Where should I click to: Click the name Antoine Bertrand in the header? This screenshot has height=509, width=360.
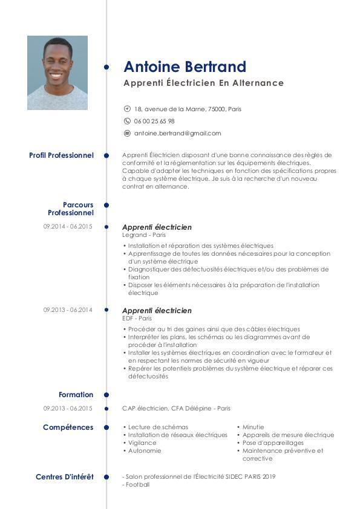185,66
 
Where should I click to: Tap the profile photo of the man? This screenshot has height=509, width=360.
57,73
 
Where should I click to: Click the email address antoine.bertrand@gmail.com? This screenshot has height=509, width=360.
177,133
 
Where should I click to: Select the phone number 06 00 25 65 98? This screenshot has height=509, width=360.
154,121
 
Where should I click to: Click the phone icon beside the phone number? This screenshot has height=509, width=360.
127,121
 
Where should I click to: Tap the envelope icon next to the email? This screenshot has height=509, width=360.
127,133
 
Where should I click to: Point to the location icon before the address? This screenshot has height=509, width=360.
127,109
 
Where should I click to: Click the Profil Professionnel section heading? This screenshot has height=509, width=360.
61,155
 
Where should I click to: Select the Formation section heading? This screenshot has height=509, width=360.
76,395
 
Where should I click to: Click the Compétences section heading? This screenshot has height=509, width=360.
68,427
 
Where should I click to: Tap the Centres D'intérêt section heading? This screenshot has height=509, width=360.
65,477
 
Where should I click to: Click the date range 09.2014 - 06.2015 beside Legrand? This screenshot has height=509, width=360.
68,227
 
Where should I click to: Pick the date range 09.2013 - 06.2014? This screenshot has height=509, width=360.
68,310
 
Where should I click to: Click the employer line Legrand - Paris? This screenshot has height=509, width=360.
144,235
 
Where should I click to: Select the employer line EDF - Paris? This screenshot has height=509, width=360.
137,318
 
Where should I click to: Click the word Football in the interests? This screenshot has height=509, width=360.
137,485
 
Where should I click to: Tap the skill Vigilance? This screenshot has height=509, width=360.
142,443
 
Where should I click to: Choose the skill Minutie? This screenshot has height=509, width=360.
253,427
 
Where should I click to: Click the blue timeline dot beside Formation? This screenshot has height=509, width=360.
106,395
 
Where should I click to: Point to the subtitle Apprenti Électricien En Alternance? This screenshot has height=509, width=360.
203,83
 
